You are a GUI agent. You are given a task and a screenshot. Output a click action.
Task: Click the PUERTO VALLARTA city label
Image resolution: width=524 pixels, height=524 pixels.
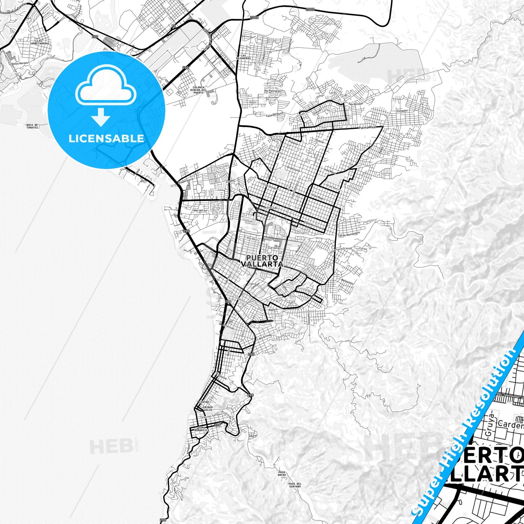tap(262, 261)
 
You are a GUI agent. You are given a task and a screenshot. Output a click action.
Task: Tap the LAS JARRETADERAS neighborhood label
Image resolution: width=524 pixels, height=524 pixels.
tap(40, 42)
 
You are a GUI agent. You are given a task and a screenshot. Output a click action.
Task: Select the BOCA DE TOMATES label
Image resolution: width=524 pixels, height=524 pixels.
tap(32, 126)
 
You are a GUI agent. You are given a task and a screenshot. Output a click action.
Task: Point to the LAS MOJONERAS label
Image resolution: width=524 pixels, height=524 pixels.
tap(243, 57)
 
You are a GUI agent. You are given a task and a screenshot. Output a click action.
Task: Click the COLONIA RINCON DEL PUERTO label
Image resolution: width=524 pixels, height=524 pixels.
tap(198, 90)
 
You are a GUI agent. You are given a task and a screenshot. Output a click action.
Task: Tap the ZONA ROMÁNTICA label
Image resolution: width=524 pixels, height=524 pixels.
tap(202, 429)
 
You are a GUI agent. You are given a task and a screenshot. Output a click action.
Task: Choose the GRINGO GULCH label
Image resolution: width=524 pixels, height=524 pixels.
tap(207, 408)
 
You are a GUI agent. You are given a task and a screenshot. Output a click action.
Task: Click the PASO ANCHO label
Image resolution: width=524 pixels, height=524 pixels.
tap(282, 473)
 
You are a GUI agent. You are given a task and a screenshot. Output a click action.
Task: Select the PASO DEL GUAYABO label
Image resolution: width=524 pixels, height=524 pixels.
tap(295, 485)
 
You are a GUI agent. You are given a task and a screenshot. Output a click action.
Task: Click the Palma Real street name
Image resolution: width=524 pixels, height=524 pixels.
tap(367, 128)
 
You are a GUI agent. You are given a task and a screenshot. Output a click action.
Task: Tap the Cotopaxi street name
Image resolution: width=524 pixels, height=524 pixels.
tap(402, 111)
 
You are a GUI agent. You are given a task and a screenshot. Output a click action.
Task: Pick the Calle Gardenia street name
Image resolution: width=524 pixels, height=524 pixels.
tap(275, 115)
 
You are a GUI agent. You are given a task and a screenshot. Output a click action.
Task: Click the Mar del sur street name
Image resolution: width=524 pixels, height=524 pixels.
tap(201, 210)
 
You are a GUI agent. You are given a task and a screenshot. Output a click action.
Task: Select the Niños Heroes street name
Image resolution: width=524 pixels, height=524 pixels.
tap(20, 63)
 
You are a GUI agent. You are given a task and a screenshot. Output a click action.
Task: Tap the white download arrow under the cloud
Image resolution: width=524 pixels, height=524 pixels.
tap(101, 117)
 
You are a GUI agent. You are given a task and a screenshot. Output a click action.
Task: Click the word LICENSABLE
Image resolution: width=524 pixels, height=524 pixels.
tap(106, 138)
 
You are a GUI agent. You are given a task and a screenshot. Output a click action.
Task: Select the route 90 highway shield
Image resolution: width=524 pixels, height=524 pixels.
tap(174, 26)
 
